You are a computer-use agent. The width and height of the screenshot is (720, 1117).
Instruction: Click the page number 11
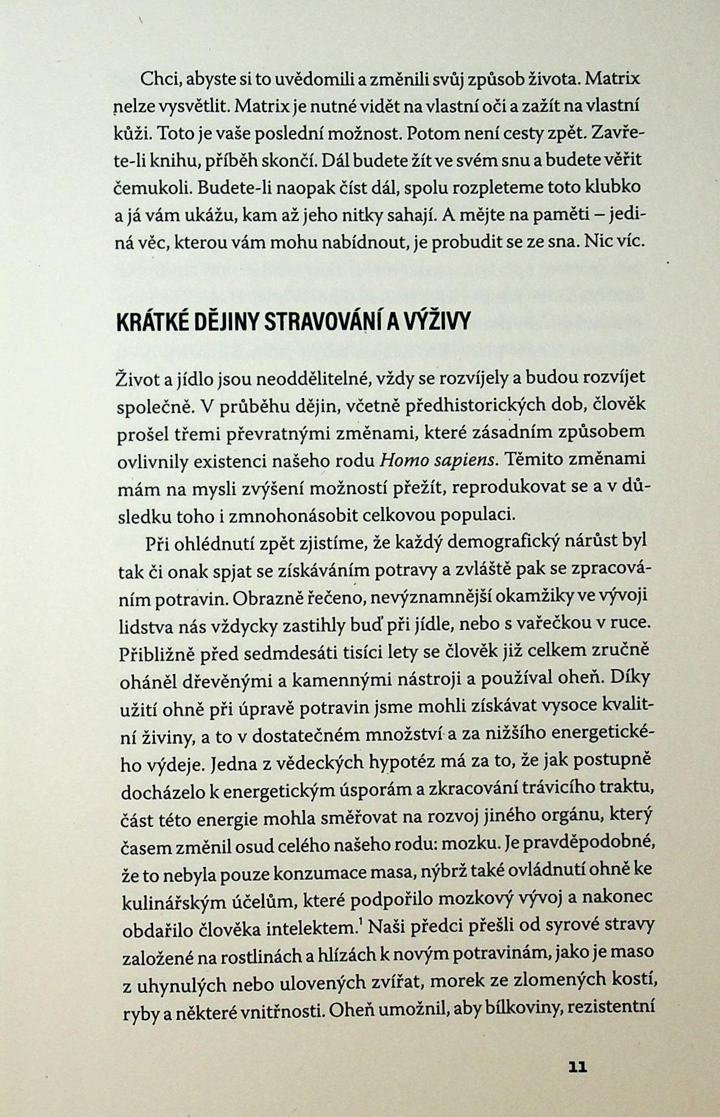(578, 1067)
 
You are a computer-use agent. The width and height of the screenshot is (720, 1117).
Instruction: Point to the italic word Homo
(400, 460)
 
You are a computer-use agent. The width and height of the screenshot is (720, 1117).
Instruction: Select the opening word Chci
(158, 80)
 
